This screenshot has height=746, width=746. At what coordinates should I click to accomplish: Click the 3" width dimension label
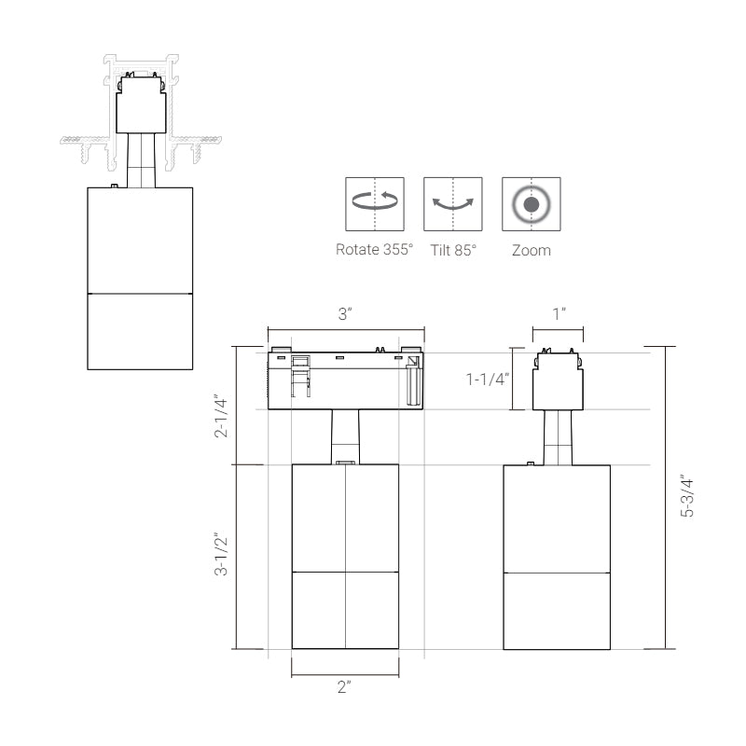(345, 314)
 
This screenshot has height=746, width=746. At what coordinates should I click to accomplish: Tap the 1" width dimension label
(559, 314)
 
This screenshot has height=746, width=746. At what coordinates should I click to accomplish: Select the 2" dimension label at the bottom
(344, 687)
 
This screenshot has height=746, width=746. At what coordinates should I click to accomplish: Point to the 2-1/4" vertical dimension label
(221, 416)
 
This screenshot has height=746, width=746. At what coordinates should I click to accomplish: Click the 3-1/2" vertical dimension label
(221, 554)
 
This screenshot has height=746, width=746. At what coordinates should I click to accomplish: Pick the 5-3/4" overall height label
(687, 496)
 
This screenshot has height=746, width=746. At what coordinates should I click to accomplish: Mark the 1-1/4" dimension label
(487, 380)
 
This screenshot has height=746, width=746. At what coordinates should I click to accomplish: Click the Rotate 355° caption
(375, 249)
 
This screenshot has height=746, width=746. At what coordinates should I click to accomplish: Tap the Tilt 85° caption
(453, 250)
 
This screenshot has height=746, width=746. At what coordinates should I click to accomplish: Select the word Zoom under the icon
(532, 250)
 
